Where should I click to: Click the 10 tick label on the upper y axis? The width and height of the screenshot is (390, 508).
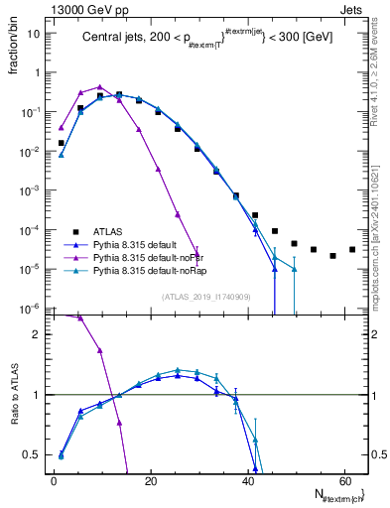(x=36, y=33)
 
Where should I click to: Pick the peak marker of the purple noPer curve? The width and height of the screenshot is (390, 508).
(x=99, y=87)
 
